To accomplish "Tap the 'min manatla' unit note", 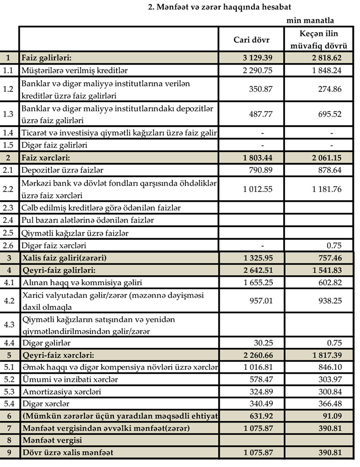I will coord(310,21).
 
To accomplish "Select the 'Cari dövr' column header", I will coord(251,39).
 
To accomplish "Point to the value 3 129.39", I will coord(255,58).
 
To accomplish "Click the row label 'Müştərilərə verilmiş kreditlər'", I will coord(75,70).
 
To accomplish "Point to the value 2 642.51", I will coord(255,270).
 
